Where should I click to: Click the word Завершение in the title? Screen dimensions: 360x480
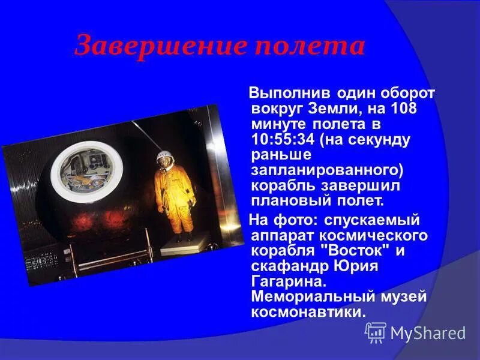pyautogui.click(x=152, y=46)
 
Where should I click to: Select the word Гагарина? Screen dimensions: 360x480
pyautogui.click(x=285, y=281)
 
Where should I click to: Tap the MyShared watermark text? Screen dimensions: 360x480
pyautogui.click(x=428, y=333)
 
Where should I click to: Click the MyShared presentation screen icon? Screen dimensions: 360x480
pyautogui.click(x=376, y=332)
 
